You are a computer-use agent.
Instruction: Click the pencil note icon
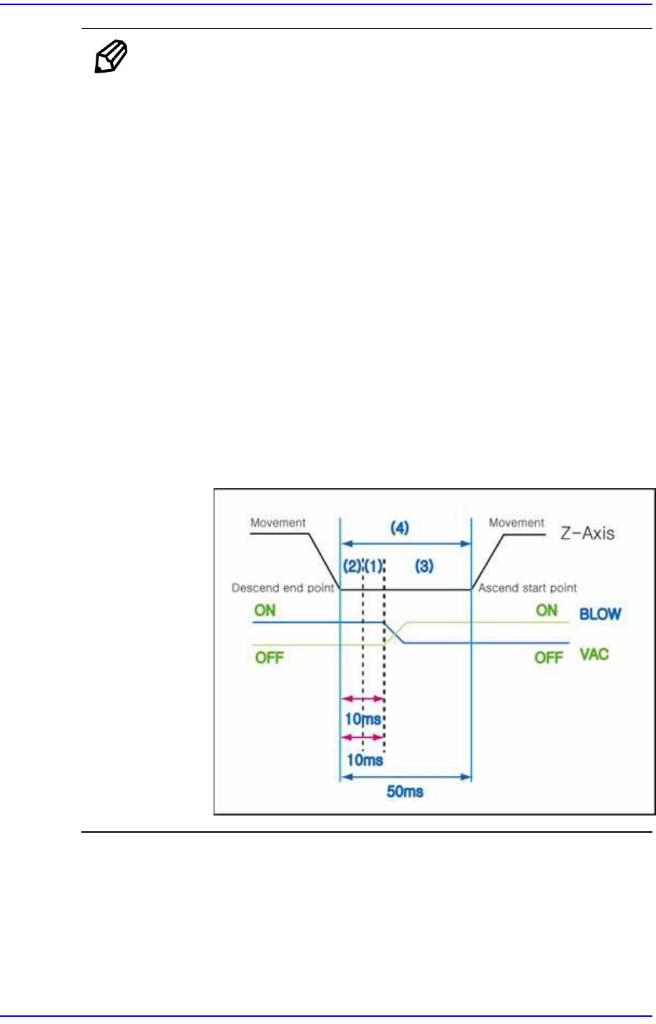coord(111,58)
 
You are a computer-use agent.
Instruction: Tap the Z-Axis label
coord(587,533)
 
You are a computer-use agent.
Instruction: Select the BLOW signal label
coord(600,615)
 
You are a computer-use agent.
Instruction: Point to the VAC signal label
coord(594,654)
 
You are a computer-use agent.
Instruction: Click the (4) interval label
coord(400,528)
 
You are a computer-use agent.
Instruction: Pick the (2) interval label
coord(352,566)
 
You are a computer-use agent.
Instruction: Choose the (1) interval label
coord(373,566)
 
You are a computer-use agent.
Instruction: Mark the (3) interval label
coord(424,566)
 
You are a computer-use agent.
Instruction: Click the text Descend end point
coord(283,588)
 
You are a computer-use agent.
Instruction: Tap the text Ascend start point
coord(528,588)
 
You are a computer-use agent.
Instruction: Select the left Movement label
coord(278,523)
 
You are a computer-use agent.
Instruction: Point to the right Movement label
coord(516,523)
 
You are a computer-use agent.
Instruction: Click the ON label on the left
coord(265,611)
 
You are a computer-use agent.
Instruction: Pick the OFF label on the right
coord(548,657)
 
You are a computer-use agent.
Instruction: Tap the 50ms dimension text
coord(405,792)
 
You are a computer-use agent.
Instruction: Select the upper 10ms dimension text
coord(363,719)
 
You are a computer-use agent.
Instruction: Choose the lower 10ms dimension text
coord(365,760)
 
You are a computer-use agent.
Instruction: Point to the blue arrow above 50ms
coord(405,777)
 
